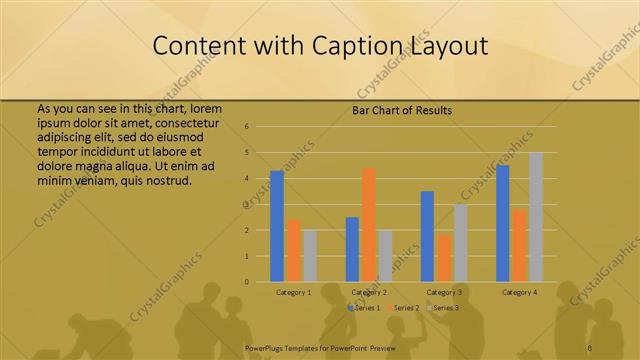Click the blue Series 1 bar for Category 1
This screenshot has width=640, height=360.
pos(277,226)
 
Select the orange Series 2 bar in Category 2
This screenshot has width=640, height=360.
pos(369,225)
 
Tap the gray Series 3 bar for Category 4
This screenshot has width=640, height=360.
pos(536,217)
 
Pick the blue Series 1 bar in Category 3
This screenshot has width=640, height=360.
pos(427,236)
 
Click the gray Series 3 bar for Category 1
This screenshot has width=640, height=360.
pos(309,256)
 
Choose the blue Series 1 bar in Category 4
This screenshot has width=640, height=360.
pos(503,223)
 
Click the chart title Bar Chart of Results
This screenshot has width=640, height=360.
pos(403,110)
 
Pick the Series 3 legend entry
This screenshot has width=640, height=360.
pos(444,307)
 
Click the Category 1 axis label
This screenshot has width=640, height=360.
pos(294,292)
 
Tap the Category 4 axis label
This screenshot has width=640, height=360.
pos(519,292)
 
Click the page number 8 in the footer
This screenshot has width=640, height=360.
pos(590,348)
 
